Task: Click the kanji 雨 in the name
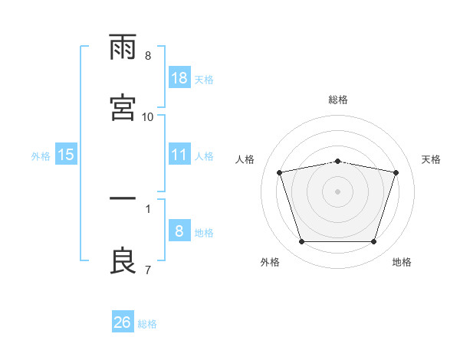coord(123,47)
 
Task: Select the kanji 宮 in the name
coord(123,107)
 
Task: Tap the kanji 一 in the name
coord(123,198)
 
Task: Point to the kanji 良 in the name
coord(123,260)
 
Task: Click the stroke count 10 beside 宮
coord(147,117)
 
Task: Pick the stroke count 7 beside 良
coord(148,270)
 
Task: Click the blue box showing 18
coord(179,77)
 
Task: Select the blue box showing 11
coord(179,154)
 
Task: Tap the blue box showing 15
coord(66,154)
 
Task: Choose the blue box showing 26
coord(123,321)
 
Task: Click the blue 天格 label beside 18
coord(204,80)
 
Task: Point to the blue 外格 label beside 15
coord(41,156)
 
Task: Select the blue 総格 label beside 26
coord(147,324)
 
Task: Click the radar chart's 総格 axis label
coord(338,100)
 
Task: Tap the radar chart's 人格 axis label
coord(245,159)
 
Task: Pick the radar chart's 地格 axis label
coord(402,262)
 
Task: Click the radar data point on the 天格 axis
coord(396,172)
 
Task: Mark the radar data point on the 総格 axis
coord(337,162)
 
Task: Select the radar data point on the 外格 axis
coord(302,241)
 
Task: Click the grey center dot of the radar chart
coord(337,191)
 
